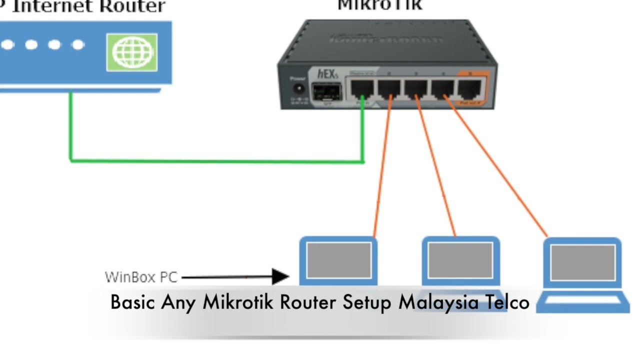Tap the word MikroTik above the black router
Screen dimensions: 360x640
pos(379,5)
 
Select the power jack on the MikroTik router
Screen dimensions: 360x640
pos(299,89)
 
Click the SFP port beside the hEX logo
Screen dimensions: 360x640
pos(325,93)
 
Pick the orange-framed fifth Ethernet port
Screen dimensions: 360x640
pos(470,89)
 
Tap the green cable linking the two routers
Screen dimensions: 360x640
pos(215,160)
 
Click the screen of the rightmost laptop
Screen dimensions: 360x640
pos(582,262)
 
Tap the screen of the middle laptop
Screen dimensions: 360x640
pos(461,260)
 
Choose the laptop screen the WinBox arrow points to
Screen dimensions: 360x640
pos(338,260)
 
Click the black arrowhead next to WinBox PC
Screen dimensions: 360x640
pos(280,276)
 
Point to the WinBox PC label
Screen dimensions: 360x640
pos(141,277)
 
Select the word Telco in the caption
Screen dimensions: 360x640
pos(506,301)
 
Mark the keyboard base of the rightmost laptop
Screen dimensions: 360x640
pos(582,302)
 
